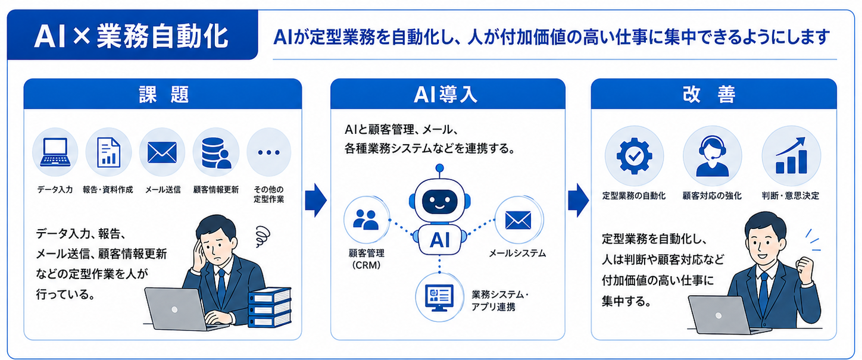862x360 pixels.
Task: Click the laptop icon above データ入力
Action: (55, 152)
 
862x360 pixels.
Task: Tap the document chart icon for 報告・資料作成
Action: (108, 152)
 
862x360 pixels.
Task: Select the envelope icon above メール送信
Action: (162, 152)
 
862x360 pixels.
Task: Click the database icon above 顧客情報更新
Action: (216, 153)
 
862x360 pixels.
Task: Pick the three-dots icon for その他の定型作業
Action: (268, 152)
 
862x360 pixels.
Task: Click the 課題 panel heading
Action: (163, 95)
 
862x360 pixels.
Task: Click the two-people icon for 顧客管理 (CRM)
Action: (366, 220)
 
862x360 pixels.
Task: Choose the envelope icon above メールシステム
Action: (518, 220)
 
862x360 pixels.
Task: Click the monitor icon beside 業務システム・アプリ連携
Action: (439, 298)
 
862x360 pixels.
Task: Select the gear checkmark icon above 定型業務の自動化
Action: (634, 156)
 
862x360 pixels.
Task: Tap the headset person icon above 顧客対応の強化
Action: (713, 156)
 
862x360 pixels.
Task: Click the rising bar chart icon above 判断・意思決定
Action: (791, 156)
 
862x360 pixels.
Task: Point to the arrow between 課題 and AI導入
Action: (316, 201)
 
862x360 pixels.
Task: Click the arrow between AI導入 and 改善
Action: (579, 201)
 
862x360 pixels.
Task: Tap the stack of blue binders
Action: (269, 307)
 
